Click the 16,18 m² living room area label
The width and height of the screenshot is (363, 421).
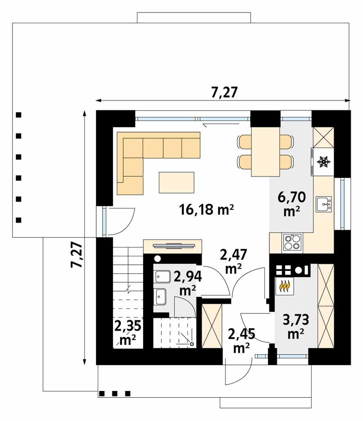(206, 210)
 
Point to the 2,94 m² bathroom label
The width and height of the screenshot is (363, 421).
(188, 283)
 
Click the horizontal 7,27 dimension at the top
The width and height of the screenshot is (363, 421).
(224, 93)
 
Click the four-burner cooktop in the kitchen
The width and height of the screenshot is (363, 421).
(292, 242)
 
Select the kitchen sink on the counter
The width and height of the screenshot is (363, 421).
(323, 203)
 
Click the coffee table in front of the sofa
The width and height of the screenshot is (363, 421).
(176, 182)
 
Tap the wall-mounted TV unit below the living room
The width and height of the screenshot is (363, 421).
(172, 246)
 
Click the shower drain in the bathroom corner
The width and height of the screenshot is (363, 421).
(191, 344)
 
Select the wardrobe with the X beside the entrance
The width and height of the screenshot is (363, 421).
(212, 325)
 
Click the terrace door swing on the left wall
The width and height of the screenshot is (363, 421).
(120, 221)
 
